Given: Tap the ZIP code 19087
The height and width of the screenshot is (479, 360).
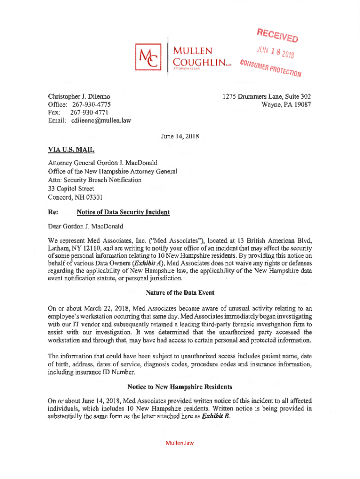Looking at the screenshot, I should [x=302, y=104].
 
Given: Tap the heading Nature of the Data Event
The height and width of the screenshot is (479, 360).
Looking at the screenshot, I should [x=180, y=292].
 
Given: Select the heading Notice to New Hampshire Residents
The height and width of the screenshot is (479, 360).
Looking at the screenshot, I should [x=180, y=387].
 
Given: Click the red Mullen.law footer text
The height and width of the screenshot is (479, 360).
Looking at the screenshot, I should [x=180, y=443].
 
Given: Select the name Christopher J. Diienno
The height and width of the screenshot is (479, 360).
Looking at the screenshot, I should [x=79, y=96].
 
